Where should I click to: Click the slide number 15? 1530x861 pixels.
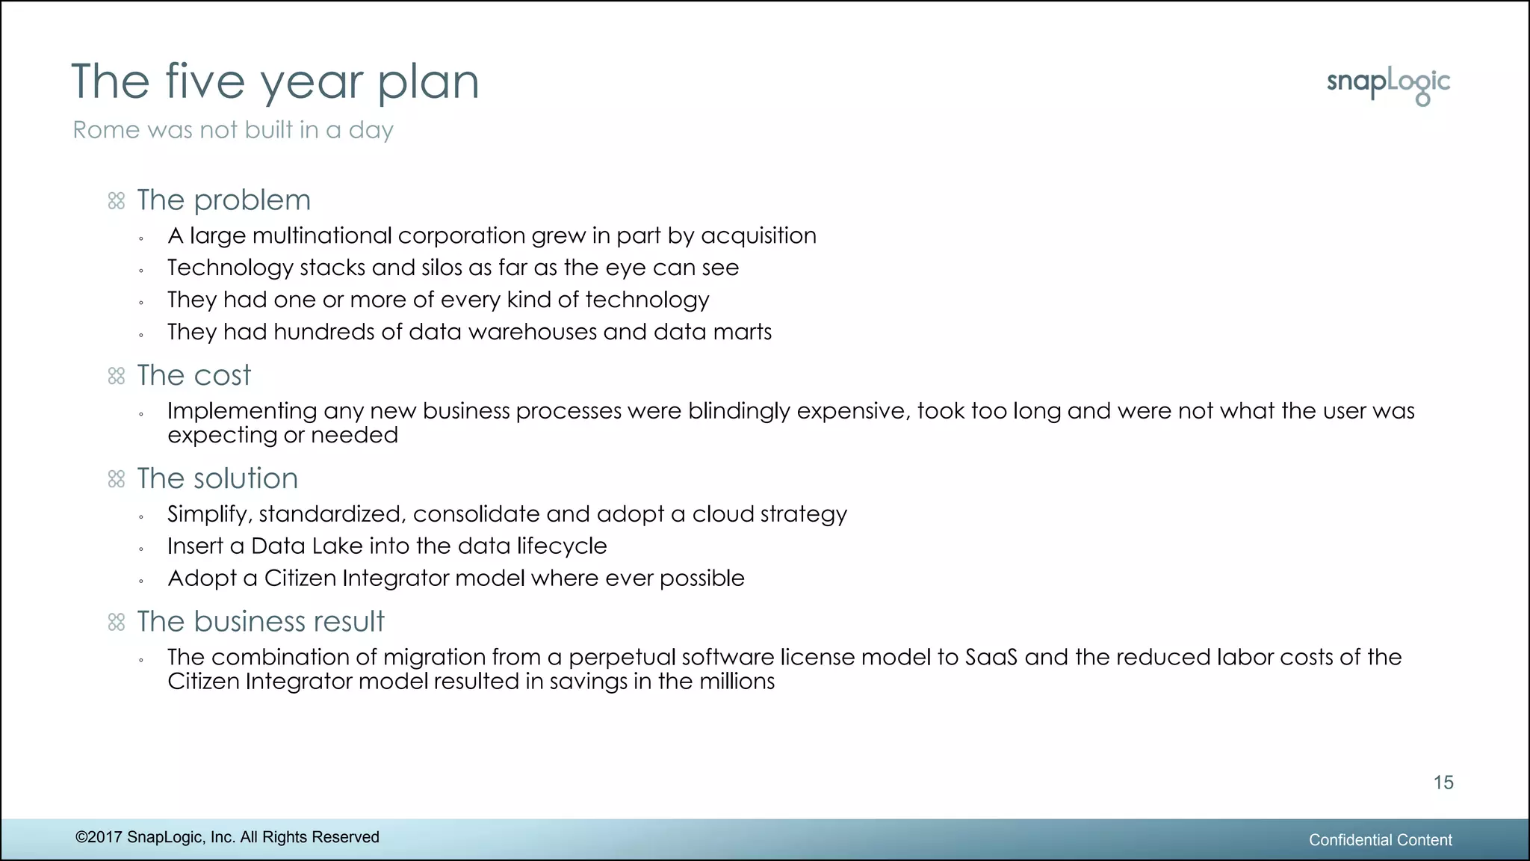point(1443,783)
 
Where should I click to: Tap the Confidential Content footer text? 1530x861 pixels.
point(1380,840)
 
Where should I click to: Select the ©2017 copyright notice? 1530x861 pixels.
point(227,837)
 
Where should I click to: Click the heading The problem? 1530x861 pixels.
point(223,200)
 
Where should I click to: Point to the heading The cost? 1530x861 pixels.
point(193,375)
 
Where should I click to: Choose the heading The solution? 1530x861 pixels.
point(217,478)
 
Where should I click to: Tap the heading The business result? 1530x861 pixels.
point(260,622)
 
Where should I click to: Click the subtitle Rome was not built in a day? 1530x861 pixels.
point(232,130)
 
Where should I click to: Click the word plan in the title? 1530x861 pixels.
point(427,82)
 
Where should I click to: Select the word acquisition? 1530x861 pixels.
point(758,236)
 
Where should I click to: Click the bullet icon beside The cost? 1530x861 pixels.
point(117,376)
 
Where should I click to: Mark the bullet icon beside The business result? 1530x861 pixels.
point(117,622)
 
